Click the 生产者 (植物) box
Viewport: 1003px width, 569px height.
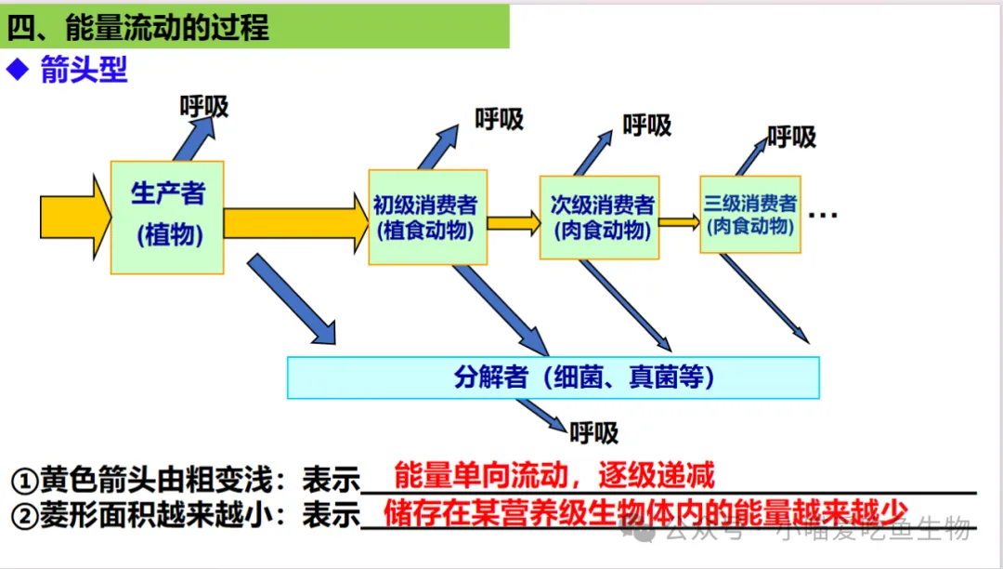point(167,217)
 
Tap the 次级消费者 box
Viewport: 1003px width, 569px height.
point(600,218)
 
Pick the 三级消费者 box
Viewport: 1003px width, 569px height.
point(750,215)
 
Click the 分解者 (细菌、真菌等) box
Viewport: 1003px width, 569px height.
point(554,377)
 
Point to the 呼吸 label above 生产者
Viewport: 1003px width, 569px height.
point(204,107)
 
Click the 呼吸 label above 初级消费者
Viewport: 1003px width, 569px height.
point(500,119)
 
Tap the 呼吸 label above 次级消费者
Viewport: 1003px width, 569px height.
point(647,126)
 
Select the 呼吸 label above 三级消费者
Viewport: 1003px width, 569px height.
point(792,138)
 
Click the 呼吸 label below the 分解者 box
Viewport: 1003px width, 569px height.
point(594,432)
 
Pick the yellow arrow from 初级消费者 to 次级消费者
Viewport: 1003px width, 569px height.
point(514,222)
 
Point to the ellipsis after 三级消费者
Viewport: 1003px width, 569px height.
point(823,216)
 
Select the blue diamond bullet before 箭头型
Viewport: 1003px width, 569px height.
point(18,70)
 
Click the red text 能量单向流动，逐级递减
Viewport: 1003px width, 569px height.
point(554,475)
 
